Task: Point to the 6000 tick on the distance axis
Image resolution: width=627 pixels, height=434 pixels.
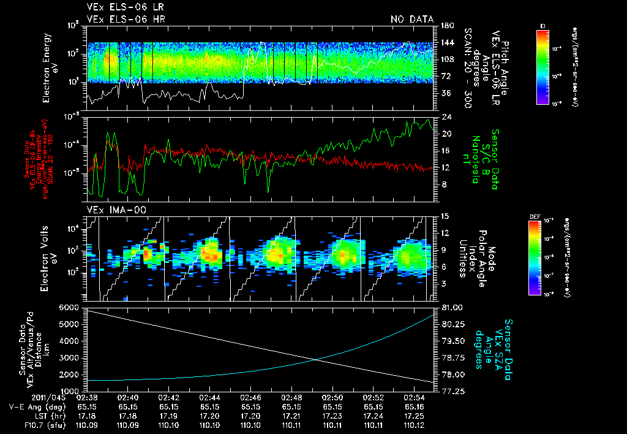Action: pos(71,307)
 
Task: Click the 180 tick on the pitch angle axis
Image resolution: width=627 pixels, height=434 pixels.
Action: pos(446,26)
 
